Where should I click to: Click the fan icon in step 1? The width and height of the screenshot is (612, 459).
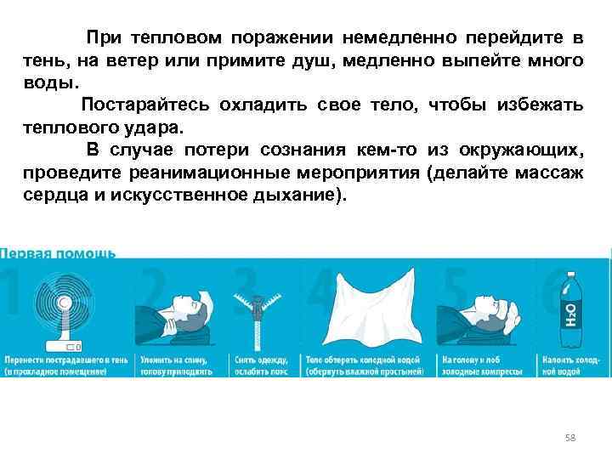(64, 303)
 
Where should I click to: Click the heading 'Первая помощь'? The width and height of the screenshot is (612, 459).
(58, 253)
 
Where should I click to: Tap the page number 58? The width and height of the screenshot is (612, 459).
(570, 438)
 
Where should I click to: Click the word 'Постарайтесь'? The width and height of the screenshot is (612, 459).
(144, 105)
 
